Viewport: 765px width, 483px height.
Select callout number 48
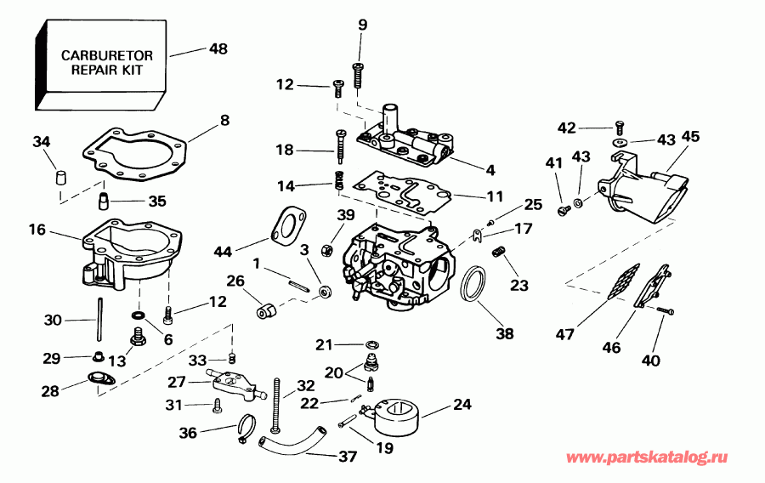coord(218,49)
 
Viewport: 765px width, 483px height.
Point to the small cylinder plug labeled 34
coord(60,178)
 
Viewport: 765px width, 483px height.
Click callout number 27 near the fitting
coord(176,383)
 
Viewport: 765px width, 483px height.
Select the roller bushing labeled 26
coord(265,312)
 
